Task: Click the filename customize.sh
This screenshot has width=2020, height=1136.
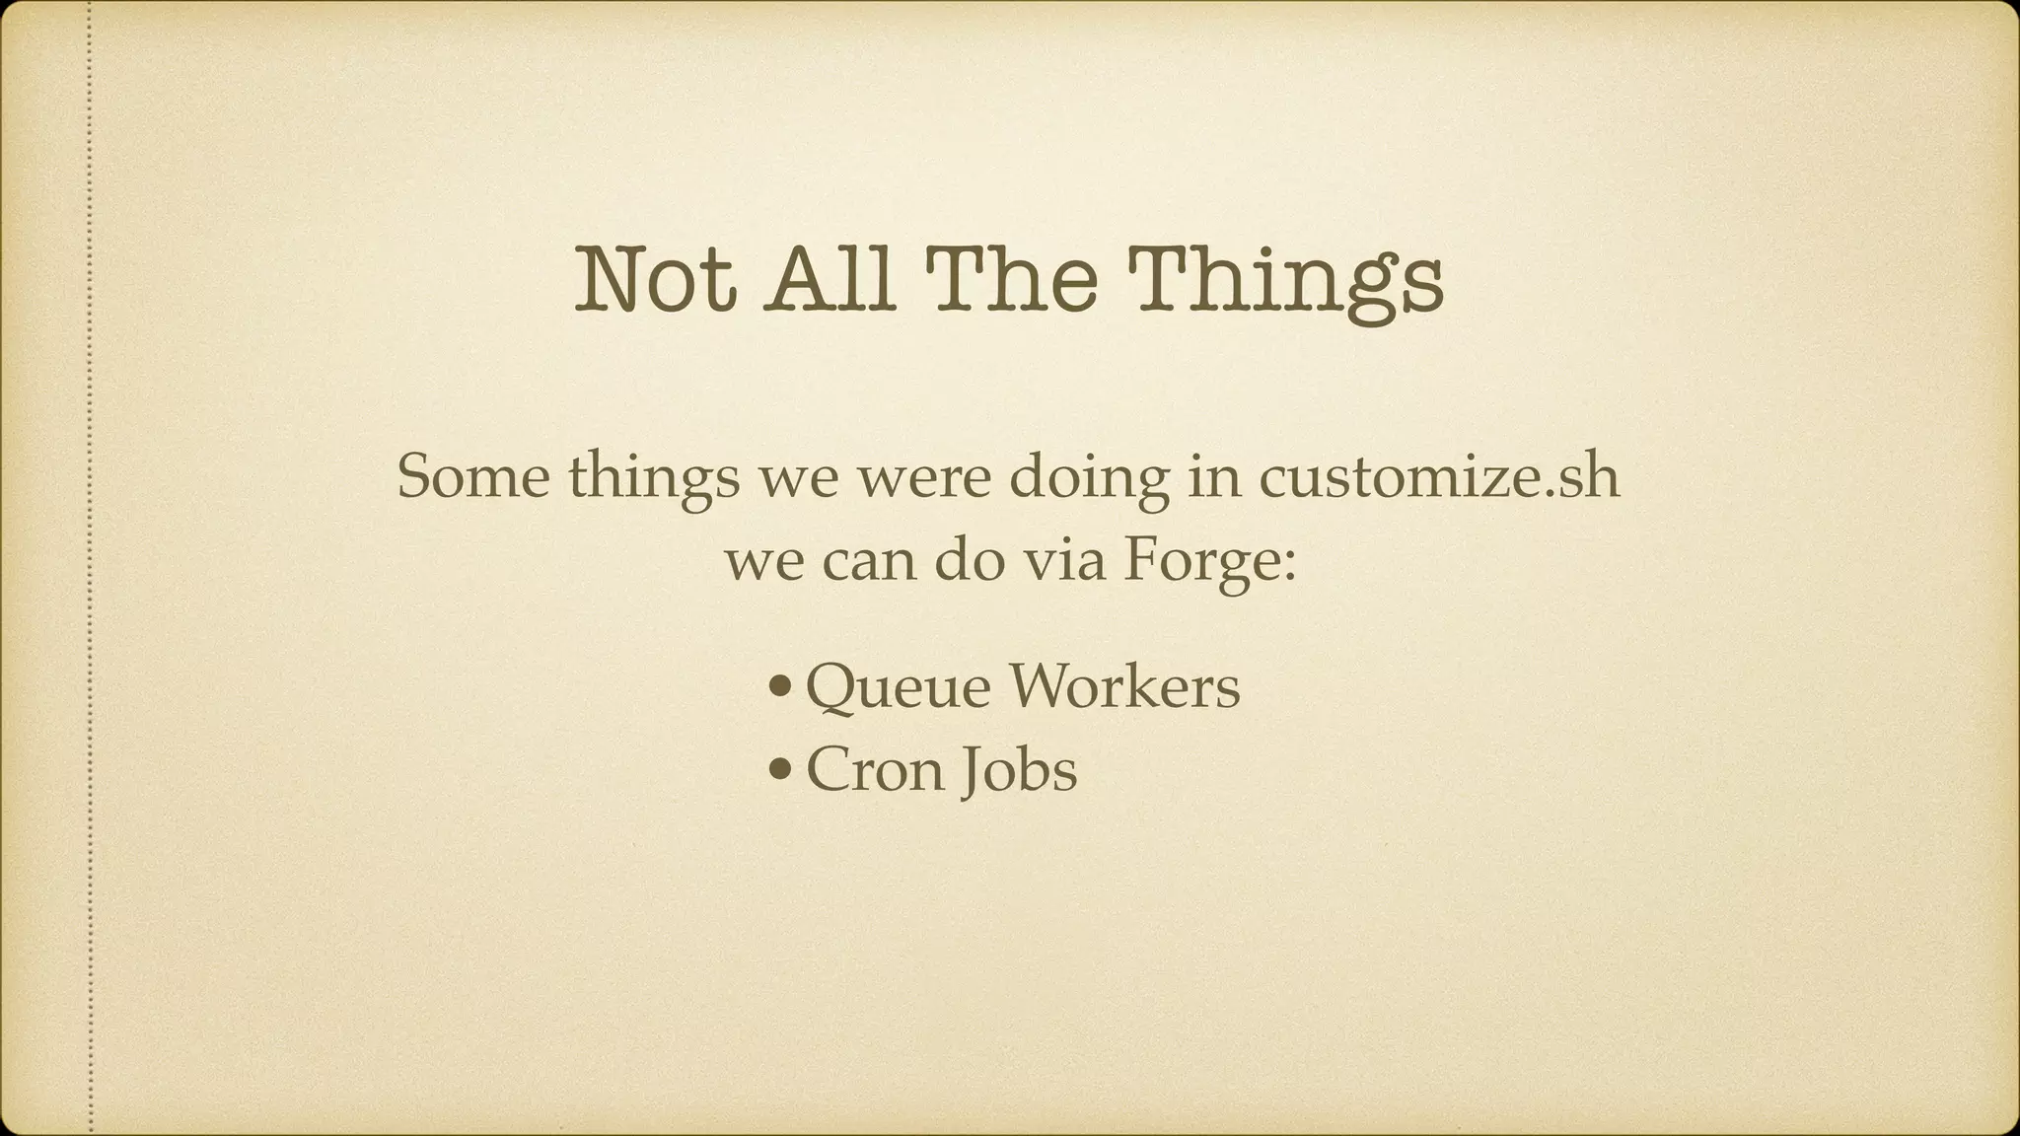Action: coord(1439,478)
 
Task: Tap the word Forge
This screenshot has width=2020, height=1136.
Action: coord(1208,564)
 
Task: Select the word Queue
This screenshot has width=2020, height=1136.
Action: coord(899,687)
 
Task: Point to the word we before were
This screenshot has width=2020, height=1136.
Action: coord(799,478)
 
